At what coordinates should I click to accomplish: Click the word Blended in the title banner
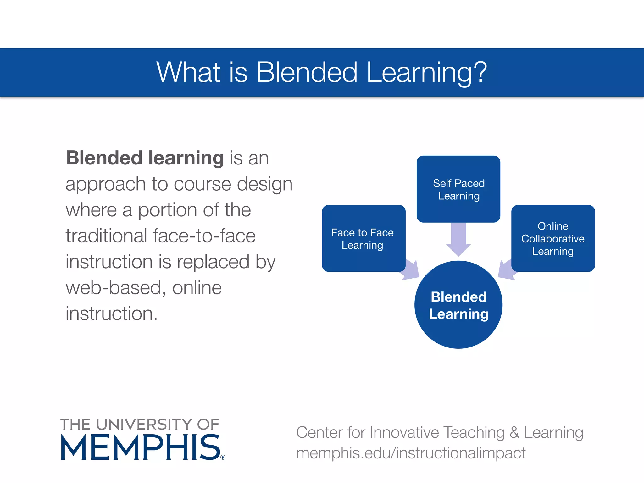(307, 72)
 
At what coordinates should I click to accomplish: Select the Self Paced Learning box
(458, 189)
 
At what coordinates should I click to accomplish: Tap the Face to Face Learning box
(363, 238)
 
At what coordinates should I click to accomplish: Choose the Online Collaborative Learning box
(553, 238)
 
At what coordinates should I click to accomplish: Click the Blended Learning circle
(458, 305)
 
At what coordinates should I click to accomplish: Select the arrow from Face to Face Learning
(411, 270)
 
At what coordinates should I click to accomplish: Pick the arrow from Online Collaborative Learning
(506, 270)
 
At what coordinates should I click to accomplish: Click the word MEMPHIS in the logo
(140, 448)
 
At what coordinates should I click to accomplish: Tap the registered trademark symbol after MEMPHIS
(223, 457)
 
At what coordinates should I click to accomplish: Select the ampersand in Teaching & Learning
(514, 432)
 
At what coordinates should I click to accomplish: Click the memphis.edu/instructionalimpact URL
(411, 453)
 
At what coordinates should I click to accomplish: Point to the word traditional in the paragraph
(106, 236)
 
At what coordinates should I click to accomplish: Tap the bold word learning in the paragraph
(186, 158)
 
